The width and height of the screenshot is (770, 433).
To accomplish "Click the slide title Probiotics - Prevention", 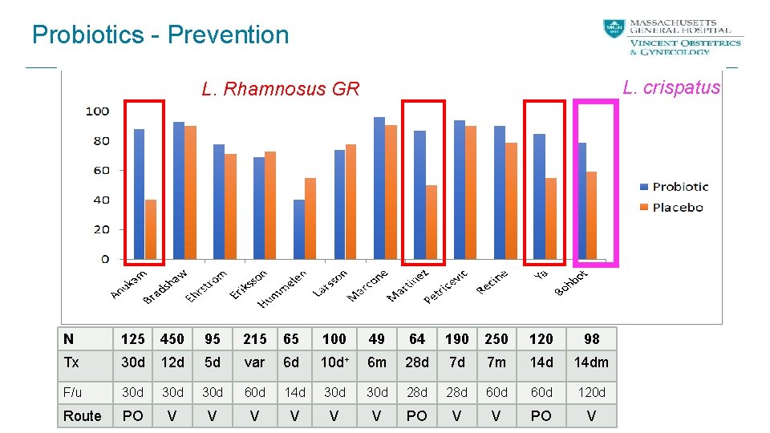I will point(160,34).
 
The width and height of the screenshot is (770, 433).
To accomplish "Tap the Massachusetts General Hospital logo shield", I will point(614,30).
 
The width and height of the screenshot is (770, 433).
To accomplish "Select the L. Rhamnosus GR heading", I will point(281,89).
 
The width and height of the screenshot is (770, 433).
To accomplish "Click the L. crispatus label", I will point(671,87).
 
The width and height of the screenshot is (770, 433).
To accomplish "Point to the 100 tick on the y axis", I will point(97,111).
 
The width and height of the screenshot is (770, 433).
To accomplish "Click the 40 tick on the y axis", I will point(100,200).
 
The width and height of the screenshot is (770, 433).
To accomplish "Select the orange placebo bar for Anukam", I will point(151,229).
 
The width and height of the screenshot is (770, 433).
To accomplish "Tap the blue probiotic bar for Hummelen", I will point(299,229).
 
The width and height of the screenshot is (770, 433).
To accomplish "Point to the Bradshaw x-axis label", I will point(166,286).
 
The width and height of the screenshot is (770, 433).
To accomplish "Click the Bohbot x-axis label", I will point(572,281).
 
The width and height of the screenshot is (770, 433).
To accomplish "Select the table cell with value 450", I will point(172,339).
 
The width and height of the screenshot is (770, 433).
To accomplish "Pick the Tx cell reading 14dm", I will point(591,362).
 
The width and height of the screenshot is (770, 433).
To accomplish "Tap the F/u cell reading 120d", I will point(591,392).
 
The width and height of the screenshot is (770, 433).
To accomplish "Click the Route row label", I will point(82,415).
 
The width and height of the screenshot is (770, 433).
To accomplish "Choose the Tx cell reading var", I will point(254,362).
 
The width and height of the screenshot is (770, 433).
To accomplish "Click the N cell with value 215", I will point(254,339).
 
